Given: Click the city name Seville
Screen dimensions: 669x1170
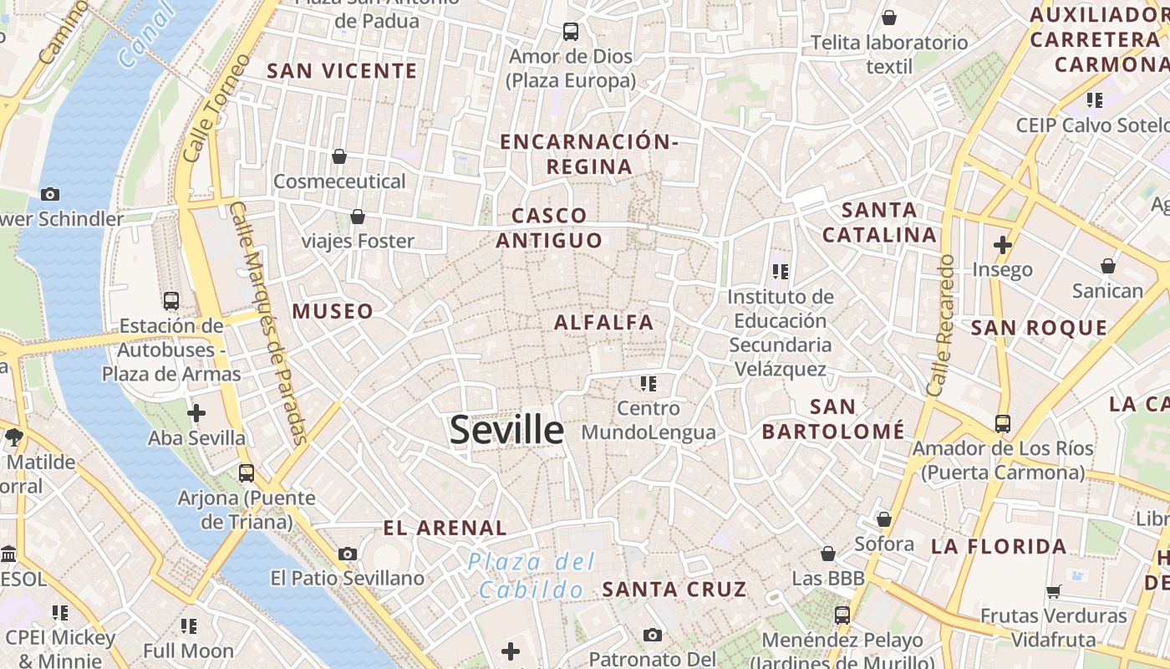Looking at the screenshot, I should point(506,430).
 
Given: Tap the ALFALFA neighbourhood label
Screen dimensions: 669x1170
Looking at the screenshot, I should point(603,322).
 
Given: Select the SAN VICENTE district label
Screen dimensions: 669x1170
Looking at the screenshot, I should point(341,71).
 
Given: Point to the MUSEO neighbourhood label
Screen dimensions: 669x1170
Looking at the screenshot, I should point(333,311).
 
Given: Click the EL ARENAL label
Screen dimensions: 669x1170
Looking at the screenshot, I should point(445,528).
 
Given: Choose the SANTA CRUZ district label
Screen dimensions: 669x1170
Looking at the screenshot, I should point(674,589).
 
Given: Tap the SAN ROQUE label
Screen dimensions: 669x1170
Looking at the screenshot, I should point(1039,328).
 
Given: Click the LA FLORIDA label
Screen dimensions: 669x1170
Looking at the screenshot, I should point(999,547).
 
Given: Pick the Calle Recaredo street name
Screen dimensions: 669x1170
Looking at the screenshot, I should point(941,325).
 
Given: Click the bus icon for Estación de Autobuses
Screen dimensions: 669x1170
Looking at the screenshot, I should point(171,301).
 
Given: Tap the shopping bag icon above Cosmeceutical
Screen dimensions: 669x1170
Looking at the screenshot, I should point(339,156).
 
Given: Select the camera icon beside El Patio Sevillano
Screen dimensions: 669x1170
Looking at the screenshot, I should point(348,554).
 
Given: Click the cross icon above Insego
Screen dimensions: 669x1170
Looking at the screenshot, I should point(1002,245).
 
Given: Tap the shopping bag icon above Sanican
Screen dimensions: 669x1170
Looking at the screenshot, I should point(1107,267).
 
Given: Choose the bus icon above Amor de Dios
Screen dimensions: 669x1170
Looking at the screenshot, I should point(571,32).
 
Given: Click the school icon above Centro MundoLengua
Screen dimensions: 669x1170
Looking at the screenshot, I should point(648,384).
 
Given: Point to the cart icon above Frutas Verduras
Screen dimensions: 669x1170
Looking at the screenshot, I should point(1053,591).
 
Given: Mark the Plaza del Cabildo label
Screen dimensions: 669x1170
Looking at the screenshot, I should point(532,575).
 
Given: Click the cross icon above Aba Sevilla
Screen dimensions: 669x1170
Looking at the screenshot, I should point(196,413).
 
